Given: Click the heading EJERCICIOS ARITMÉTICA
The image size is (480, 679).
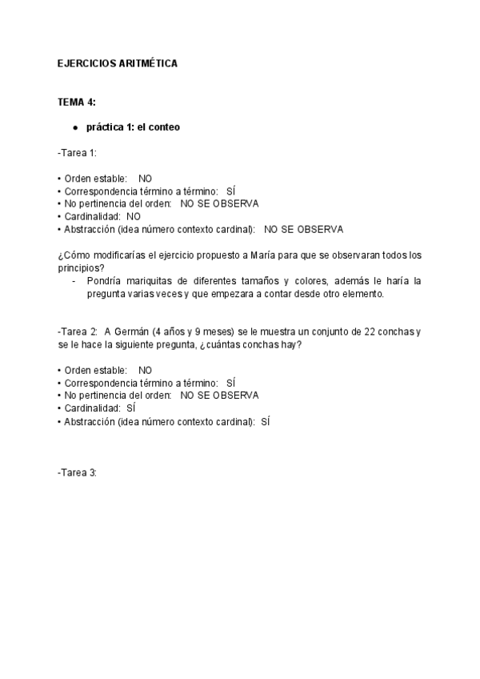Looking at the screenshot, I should (x=117, y=63).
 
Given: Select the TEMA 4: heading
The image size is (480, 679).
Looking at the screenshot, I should (x=77, y=103).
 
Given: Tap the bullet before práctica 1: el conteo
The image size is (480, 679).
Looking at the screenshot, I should (x=74, y=128).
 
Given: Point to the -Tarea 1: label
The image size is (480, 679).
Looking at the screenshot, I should (x=77, y=152).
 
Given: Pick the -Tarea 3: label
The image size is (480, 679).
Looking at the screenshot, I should (x=78, y=473).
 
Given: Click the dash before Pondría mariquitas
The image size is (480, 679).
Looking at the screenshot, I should (x=74, y=281).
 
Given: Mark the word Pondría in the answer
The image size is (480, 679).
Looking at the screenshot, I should (x=103, y=281).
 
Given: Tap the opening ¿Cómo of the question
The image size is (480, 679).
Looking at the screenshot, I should (x=71, y=255).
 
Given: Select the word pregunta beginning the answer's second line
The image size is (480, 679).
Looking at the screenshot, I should (x=107, y=294).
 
